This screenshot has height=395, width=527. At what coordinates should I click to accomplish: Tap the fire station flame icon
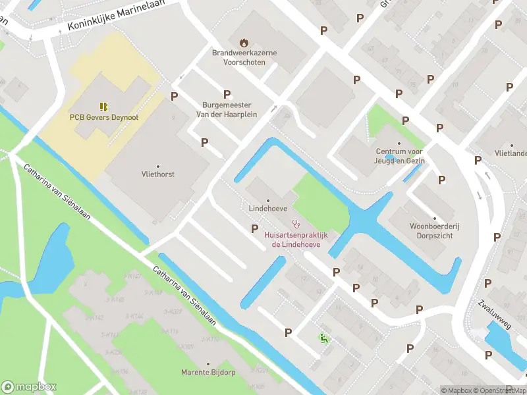pos(243,42)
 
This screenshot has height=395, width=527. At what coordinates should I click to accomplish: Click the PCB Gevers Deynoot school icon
pos(103,106)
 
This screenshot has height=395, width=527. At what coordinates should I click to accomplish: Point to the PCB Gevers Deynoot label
pos(103,118)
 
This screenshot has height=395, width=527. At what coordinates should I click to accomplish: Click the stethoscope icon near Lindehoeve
pos(296,223)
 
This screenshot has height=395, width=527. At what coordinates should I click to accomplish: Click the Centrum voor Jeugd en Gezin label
pos(398,156)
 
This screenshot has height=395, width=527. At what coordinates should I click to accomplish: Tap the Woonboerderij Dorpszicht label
pos(433,228)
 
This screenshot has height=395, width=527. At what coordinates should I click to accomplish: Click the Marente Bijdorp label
pos(208,373)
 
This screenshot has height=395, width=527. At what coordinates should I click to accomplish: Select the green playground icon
pos(323,338)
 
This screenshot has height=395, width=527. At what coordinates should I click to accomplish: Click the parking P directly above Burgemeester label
pos(227,94)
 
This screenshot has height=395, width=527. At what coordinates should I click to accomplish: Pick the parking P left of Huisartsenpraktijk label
pos(255,228)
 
